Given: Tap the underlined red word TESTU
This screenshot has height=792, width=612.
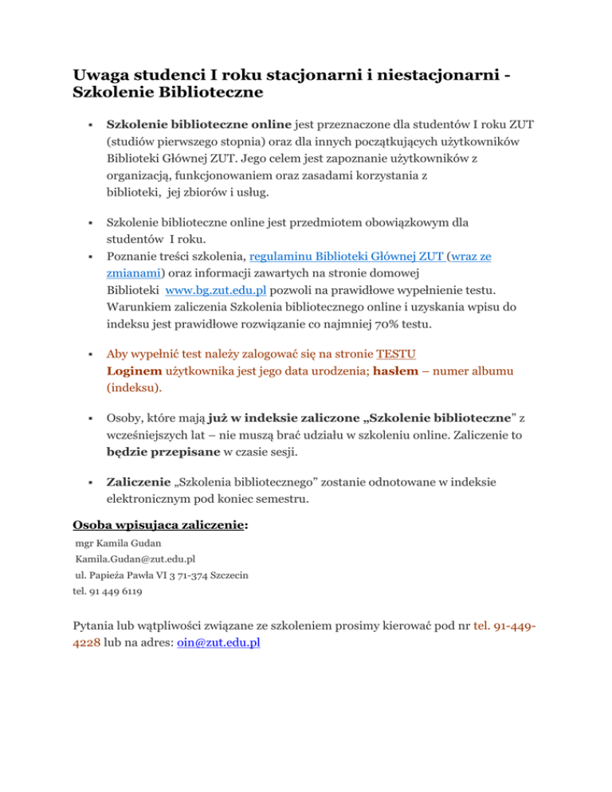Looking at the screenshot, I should [x=396, y=354].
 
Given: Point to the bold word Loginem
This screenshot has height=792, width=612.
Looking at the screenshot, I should [x=135, y=371].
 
